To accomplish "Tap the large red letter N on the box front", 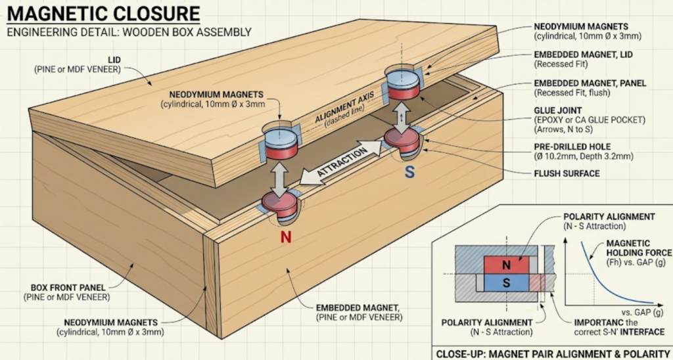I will point(286,237).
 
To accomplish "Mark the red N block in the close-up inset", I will point(506,265).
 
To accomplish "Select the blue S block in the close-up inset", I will point(506,282).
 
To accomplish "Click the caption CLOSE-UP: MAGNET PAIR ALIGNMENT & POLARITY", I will point(551,351).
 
